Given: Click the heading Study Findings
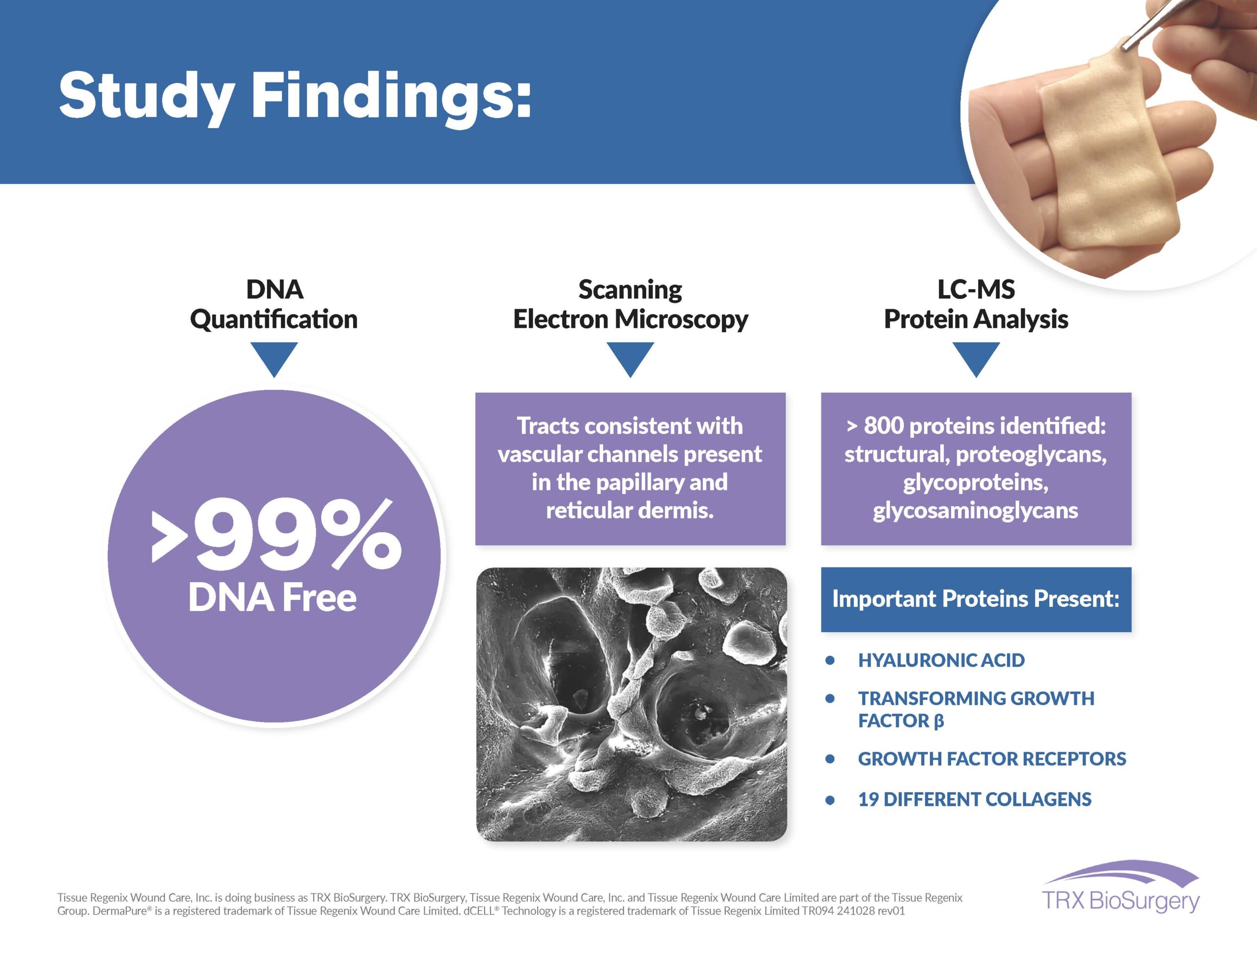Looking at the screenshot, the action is click(x=295, y=96).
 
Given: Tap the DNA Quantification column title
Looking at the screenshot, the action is click(x=274, y=304).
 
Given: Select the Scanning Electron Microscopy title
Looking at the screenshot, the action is click(x=630, y=304).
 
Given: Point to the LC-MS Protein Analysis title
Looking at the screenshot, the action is click(x=976, y=304).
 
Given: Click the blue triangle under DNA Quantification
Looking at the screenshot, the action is click(x=274, y=357).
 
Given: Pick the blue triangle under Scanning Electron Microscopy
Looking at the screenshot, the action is click(x=630, y=357).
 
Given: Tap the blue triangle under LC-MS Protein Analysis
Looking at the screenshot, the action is click(x=976, y=357).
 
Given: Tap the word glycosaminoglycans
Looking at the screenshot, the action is click(x=976, y=511).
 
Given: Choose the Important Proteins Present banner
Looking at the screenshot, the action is click(x=976, y=599).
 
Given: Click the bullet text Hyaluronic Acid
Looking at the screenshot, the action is click(x=941, y=660).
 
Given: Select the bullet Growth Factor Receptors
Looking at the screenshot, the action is click(x=992, y=758).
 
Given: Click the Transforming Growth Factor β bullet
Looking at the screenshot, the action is click(x=976, y=709).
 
